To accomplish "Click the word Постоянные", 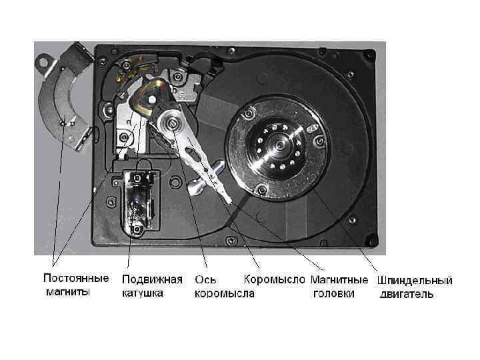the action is [76, 278].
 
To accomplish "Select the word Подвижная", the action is [151, 278].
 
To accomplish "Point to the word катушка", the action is [142, 293].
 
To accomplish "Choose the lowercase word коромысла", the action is [223, 293].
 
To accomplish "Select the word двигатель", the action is [407, 293].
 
